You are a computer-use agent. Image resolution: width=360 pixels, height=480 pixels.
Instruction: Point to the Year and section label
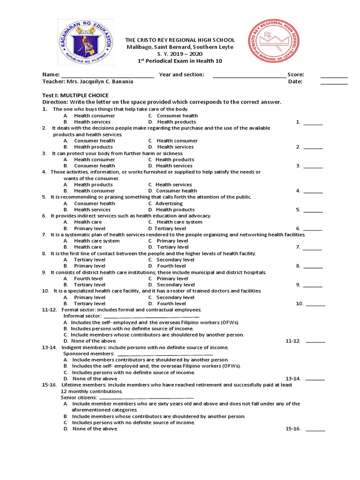[182, 75]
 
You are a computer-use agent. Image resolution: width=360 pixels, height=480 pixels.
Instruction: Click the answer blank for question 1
[313, 124]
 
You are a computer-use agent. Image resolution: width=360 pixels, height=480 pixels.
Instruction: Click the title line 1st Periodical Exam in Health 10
[180, 61]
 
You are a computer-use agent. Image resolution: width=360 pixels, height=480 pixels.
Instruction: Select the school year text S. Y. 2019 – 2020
[180, 54]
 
